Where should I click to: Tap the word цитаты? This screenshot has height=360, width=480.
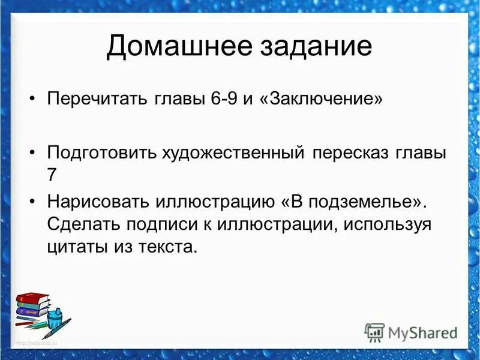73,246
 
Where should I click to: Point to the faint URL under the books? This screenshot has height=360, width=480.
37,343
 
